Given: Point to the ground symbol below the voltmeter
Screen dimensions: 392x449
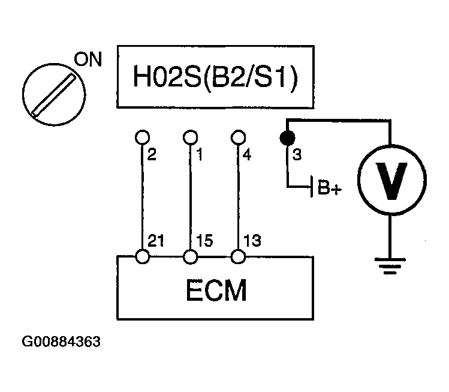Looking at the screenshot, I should tap(390, 265).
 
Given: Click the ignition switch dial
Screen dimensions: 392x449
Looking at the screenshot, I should tap(52, 93).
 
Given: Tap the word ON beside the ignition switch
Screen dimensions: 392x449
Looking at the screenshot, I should tap(88, 60).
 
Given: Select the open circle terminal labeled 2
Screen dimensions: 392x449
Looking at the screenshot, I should tap(143, 137).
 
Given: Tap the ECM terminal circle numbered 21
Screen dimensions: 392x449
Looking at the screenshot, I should tap(143, 256).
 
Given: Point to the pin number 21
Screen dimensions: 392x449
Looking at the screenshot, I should tap(156, 242).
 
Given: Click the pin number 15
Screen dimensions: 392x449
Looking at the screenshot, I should tap(204, 242).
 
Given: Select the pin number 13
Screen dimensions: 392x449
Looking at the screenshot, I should tap(252, 242).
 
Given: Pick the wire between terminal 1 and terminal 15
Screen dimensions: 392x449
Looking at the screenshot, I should tap(191, 198).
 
